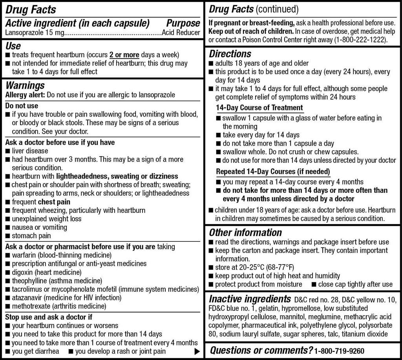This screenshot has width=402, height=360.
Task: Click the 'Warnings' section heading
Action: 25,86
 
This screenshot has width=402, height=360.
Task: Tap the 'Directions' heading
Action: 230,54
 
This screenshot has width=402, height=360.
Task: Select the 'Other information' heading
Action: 245,232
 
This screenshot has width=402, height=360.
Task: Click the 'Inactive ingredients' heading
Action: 250,299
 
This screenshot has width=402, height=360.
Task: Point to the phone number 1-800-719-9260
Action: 339,351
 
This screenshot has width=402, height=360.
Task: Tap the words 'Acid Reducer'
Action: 181,33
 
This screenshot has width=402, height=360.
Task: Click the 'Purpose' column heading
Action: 183,23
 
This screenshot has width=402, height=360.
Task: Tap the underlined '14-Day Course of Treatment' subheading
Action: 259,108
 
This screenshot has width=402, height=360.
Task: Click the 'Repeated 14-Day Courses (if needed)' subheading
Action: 273,172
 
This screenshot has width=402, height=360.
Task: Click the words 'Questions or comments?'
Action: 261,350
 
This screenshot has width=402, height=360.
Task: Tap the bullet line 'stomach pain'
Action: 31,236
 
